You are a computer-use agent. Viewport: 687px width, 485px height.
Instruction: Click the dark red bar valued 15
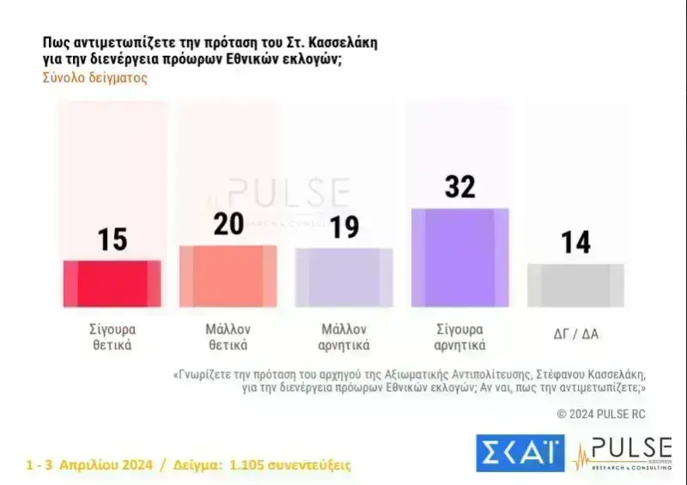(x=112, y=283)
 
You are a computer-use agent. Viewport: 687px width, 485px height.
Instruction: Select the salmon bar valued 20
(x=228, y=276)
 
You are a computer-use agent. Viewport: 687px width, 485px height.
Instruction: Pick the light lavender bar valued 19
(x=343, y=277)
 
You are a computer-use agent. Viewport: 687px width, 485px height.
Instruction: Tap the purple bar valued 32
(x=460, y=258)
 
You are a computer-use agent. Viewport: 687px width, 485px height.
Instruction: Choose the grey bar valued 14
(x=575, y=285)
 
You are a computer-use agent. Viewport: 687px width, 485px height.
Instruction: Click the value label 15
(x=112, y=239)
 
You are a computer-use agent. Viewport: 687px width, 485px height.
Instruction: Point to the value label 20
(x=228, y=225)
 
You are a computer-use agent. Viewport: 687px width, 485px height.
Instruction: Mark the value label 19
(x=343, y=227)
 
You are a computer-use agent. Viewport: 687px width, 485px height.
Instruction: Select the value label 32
(x=460, y=186)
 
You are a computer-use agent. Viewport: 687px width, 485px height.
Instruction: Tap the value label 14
(x=575, y=242)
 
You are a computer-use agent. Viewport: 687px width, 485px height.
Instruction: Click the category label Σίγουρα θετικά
(x=112, y=337)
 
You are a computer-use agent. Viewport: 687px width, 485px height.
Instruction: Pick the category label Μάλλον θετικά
(x=228, y=337)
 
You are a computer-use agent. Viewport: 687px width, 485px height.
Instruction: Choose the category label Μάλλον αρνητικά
(x=344, y=337)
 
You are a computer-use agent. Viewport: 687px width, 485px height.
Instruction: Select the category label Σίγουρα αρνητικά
(x=460, y=337)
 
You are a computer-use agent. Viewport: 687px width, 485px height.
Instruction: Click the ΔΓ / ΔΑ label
(x=575, y=330)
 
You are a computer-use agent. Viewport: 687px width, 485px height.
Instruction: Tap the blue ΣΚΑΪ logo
(x=520, y=453)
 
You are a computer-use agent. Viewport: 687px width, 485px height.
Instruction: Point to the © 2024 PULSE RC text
(x=601, y=414)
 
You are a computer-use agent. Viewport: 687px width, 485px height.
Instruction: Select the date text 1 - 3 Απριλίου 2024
(x=89, y=464)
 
